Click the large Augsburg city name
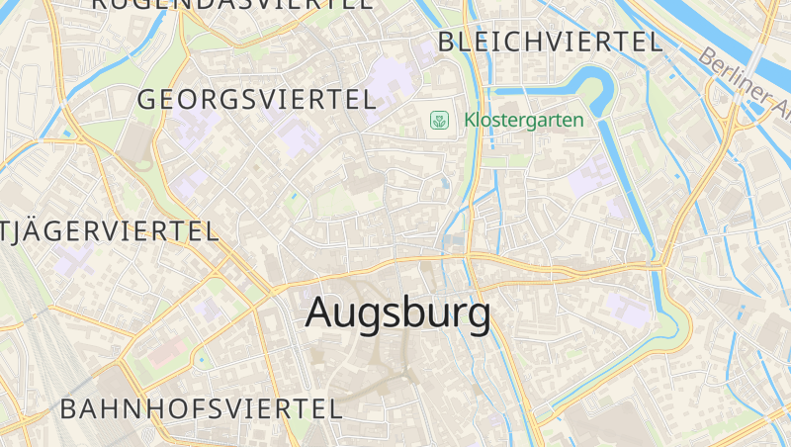point(397,313)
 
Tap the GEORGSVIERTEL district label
point(256,99)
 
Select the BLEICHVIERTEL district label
point(550,42)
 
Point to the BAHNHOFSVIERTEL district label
point(201,407)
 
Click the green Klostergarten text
point(524,121)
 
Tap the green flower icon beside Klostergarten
point(438,121)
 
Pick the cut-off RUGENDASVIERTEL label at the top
point(232,4)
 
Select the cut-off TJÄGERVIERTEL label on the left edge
point(109,231)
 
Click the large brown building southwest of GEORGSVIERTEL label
point(135,145)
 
